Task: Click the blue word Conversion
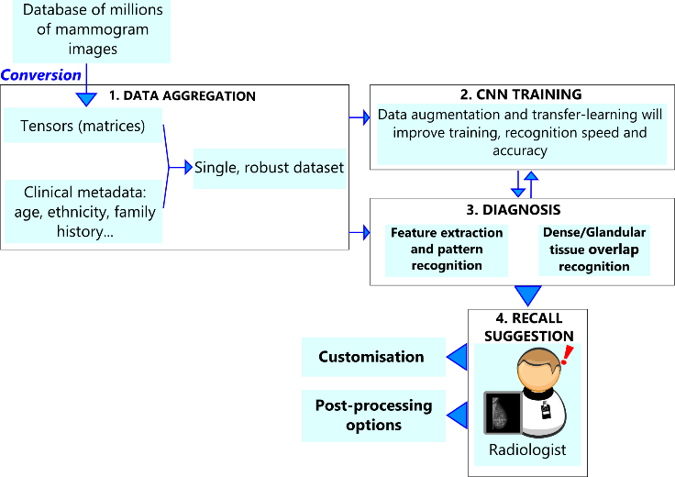coord(42,75)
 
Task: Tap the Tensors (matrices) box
coord(83,127)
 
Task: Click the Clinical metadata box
coord(83,212)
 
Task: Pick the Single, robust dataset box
coord(270,168)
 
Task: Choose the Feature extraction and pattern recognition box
coord(447,250)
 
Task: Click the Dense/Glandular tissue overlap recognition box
coord(594,250)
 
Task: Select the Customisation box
coord(371,357)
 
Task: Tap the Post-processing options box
coord(373,416)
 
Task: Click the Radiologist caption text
coord(526,450)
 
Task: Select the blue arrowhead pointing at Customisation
coord(456,357)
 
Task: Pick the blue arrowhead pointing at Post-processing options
coord(456,416)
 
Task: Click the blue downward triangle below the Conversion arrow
coord(86,98)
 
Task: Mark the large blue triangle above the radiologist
coord(527,295)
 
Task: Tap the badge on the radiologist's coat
coord(546,412)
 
